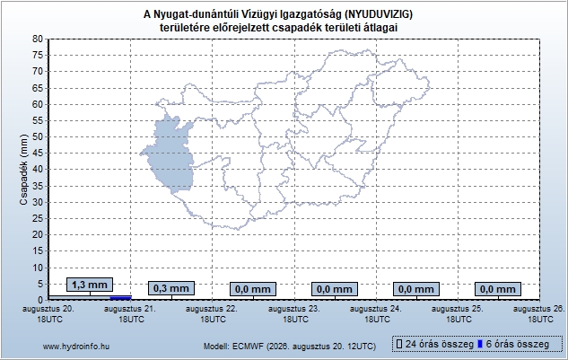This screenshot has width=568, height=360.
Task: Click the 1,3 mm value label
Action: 90,285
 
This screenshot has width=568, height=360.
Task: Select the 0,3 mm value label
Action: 171,288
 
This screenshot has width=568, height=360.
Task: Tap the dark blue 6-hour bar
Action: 120,298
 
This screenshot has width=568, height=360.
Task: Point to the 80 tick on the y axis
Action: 38,39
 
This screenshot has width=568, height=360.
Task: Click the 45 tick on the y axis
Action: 38,153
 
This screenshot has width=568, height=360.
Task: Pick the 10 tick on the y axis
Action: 38,268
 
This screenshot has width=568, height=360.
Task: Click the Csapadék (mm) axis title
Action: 24,170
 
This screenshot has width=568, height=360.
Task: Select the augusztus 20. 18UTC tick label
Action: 48,314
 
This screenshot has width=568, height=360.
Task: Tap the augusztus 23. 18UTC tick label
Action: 294,314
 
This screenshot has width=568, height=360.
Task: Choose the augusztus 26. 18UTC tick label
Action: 539,314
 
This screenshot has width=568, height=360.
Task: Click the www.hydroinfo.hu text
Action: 76,347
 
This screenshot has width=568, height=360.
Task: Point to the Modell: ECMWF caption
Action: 290,347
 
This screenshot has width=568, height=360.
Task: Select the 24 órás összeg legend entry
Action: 435,344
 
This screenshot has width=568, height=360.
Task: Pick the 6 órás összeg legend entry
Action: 513,344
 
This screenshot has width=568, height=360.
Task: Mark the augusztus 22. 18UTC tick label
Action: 212,314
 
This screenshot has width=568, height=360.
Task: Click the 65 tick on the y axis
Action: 38,88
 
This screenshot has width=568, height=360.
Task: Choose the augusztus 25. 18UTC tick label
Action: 458,314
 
